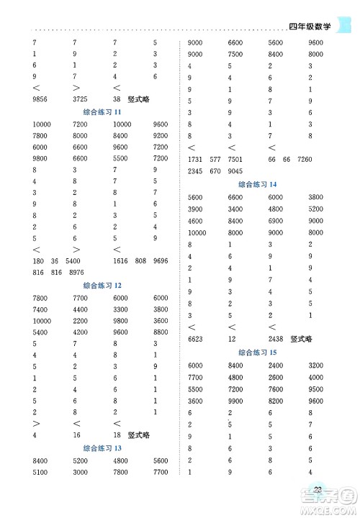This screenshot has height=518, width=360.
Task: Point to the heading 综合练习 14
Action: pyautogui.click(x=257, y=184)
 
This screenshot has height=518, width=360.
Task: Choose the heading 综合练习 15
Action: pyautogui.click(x=257, y=353)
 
